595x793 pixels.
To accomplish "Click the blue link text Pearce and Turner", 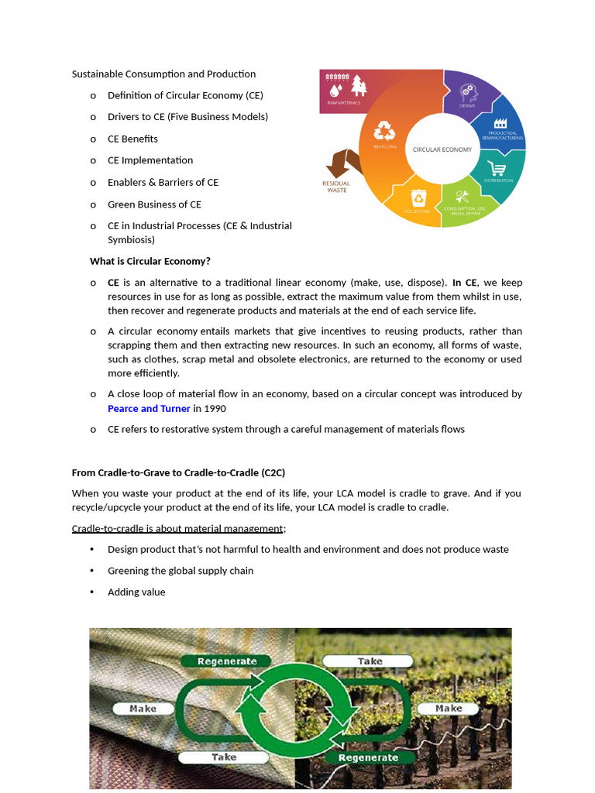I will [149, 408].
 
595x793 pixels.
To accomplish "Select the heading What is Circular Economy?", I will [150, 261].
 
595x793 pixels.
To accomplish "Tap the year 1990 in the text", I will [215, 408].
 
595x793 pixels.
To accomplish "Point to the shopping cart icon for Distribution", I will [497, 167].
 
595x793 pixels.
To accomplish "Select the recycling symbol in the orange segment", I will [384, 130].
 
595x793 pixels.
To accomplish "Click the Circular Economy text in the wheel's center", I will [442, 149].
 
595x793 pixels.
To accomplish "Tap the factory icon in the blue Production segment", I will [500, 123].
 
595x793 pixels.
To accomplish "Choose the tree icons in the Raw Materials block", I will [359, 84].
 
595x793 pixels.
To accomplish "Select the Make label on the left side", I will [143, 708].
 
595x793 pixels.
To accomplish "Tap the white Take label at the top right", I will [370, 661].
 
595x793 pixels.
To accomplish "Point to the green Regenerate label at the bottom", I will [368, 757].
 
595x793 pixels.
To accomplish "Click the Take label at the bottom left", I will [224, 757].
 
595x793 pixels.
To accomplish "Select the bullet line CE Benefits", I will [132, 139].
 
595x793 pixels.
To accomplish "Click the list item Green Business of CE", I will [154, 204].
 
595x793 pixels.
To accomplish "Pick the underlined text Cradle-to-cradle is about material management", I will [178, 528].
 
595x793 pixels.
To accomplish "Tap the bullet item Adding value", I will [136, 592].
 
